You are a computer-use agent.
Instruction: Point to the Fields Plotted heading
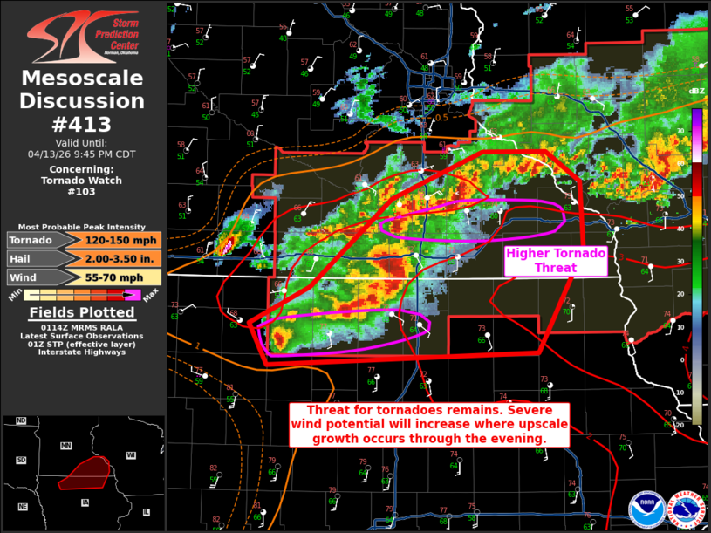[82, 312]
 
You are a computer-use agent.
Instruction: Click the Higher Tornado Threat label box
[556, 260]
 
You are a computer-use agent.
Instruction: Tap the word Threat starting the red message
[332, 410]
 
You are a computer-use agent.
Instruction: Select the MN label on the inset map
[65, 445]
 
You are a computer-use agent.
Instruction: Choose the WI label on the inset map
[131, 455]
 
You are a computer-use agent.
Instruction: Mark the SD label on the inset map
[21, 460]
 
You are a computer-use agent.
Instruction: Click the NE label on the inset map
[23, 507]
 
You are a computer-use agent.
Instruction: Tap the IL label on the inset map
[146, 512]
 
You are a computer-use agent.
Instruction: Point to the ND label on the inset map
[21, 421]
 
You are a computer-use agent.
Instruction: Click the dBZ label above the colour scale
[696, 91]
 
